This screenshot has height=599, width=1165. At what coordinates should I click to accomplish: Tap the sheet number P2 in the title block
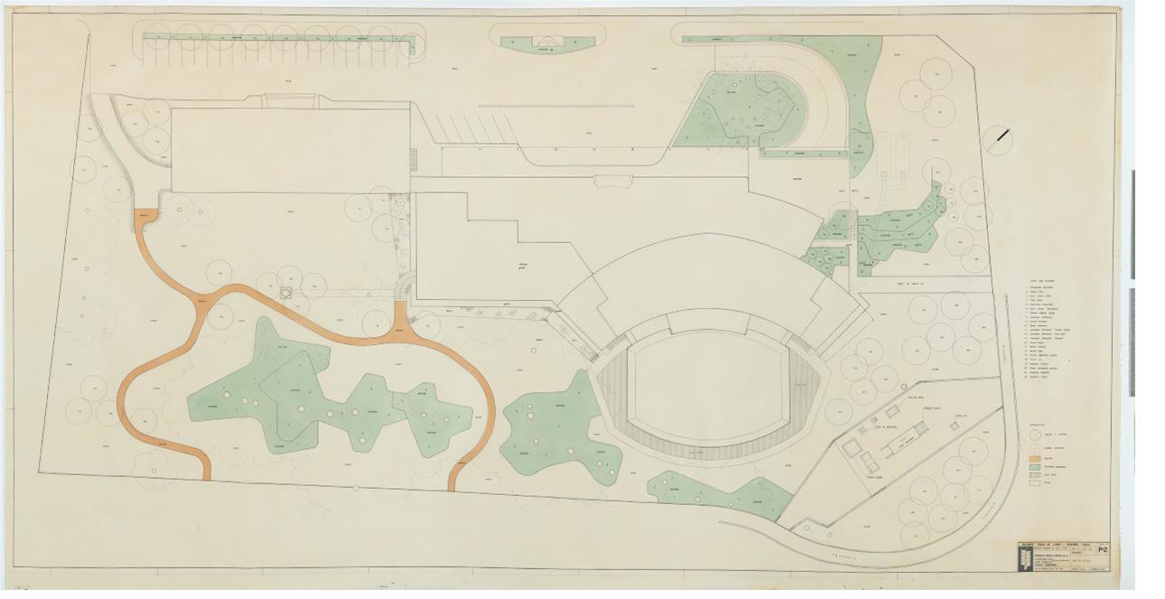(1102, 548)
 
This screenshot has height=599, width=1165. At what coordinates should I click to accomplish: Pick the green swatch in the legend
(1036, 470)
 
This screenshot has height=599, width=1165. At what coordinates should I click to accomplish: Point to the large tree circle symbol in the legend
(1036, 434)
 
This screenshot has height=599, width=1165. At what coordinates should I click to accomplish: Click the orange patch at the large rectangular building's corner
(146, 216)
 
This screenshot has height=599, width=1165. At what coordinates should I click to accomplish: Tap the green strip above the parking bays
(280, 38)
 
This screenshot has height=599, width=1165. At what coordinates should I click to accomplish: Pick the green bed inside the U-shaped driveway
(741, 108)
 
